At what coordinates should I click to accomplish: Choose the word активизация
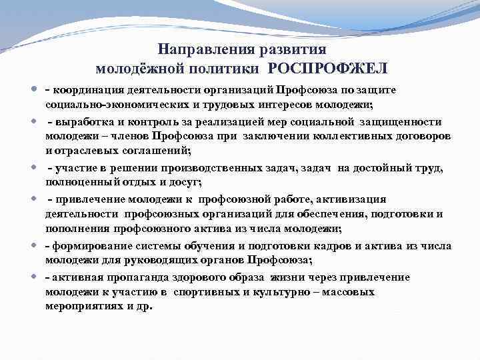click(x=353, y=199)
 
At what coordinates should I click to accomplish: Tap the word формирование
click(x=83, y=245)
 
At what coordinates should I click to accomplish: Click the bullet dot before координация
click(x=34, y=89)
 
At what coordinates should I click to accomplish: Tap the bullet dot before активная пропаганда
click(x=34, y=276)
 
